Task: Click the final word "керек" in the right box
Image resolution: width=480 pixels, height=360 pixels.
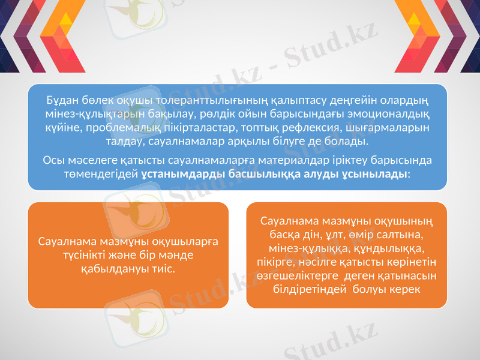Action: click(x=404, y=289)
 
